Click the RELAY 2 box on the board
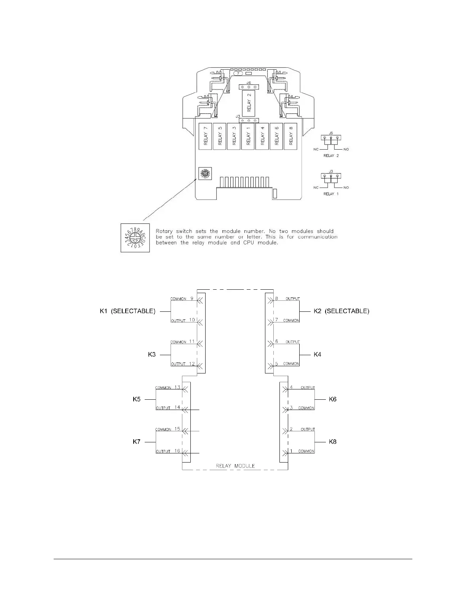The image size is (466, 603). click(x=249, y=102)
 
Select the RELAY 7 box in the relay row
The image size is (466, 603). click(x=206, y=136)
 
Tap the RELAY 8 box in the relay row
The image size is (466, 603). click(x=291, y=136)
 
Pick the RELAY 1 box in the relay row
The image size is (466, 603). click(x=248, y=136)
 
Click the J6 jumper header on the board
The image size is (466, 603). click(x=249, y=87)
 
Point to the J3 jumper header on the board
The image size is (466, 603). click(x=249, y=121)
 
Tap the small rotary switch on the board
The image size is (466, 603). click(x=203, y=174)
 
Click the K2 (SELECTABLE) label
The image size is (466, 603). click(x=341, y=311)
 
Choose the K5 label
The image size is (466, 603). click(x=136, y=399)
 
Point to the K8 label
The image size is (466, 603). click(x=332, y=442)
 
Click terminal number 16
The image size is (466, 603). click(x=177, y=451)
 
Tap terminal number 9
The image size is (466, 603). click(x=192, y=298)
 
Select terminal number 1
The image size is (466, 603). click(x=291, y=451)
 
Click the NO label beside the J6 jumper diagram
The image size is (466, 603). click(x=346, y=149)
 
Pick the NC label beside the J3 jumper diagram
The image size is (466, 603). click(x=316, y=188)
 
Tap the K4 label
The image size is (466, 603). click(x=318, y=354)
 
